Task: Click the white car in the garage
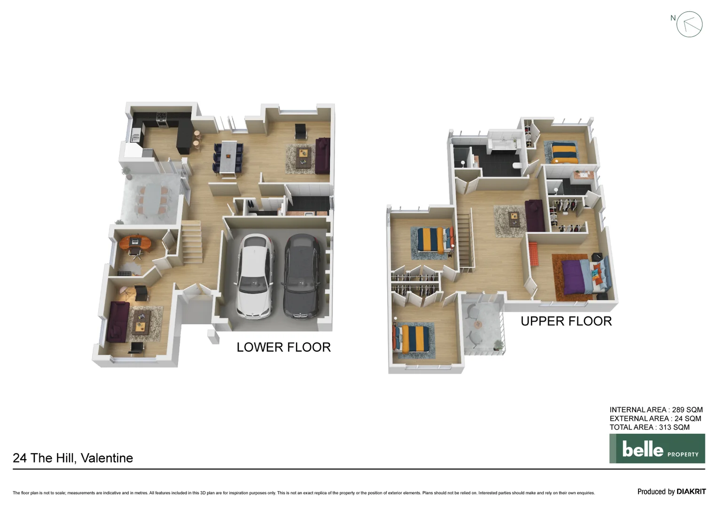coord(254,276)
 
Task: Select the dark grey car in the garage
coord(301,276)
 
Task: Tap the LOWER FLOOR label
coord(283,347)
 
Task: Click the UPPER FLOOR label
coord(566,322)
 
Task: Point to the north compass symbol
coord(689,24)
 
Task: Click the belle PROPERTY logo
coord(657,449)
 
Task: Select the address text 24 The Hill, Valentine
coord(73,458)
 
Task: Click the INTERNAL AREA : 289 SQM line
coord(656,410)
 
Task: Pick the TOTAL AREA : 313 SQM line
coord(649,427)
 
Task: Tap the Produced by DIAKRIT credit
coord(671,492)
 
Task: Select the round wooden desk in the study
coord(135,243)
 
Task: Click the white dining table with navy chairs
coord(228,156)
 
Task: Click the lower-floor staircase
coord(192,242)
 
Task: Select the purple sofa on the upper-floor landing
coord(534,215)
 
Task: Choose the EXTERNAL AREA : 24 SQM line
coord(655,419)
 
